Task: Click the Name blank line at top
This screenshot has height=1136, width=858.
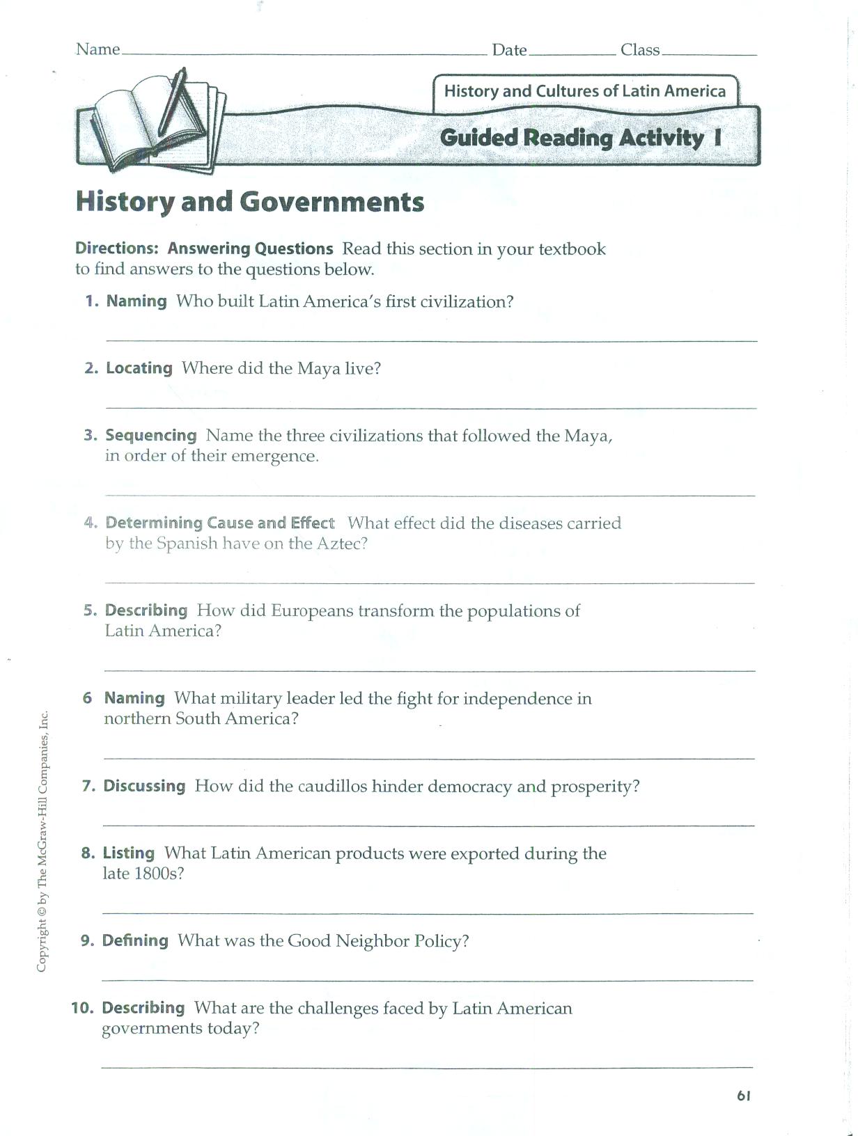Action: (304, 54)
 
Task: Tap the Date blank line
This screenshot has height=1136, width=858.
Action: (572, 54)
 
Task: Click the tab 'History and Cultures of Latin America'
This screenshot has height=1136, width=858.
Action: (584, 91)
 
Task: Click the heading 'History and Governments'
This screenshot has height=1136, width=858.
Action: (249, 202)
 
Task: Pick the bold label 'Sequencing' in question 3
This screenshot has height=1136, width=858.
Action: (151, 435)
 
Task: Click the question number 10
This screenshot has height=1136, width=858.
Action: (83, 1008)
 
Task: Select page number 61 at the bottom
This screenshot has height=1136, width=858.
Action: (743, 1096)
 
